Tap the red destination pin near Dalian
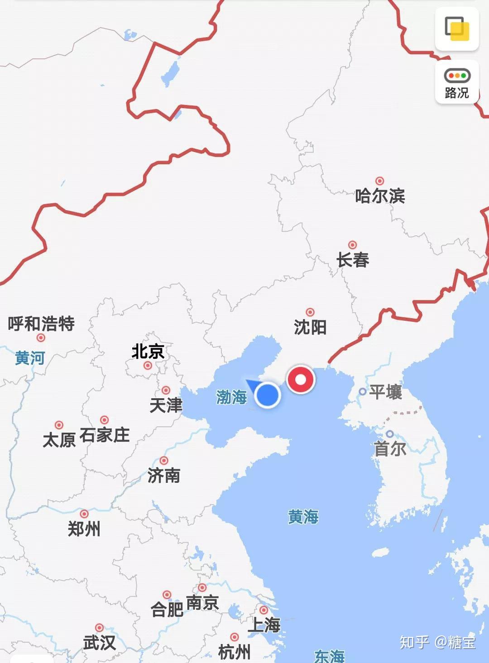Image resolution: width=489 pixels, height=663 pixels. [x=301, y=379]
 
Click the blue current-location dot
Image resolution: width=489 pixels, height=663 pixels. [x=267, y=395]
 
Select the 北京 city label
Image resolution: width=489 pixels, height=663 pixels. [x=148, y=351]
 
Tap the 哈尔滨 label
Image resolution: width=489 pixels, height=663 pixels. [x=380, y=196]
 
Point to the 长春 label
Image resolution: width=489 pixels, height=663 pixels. [x=353, y=260]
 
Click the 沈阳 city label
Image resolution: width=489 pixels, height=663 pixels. [x=310, y=327]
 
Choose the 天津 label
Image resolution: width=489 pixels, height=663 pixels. [x=166, y=405]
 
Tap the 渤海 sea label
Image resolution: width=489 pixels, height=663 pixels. [x=231, y=397]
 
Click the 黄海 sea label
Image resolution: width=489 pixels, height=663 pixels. [x=303, y=516]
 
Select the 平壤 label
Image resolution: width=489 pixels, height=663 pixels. [x=385, y=392]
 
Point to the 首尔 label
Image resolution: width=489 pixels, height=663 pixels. [x=390, y=449]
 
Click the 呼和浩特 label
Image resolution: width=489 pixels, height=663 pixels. [x=41, y=324]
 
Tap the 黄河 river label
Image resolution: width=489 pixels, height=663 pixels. [x=30, y=358]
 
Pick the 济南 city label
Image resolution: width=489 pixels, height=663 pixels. [x=164, y=475]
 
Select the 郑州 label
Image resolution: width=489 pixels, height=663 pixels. [x=84, y=528]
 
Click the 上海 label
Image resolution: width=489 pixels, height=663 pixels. [x=264, y=625]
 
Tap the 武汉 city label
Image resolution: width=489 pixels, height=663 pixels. [x=99, y=642]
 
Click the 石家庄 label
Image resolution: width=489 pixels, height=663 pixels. [x=105, y=435]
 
